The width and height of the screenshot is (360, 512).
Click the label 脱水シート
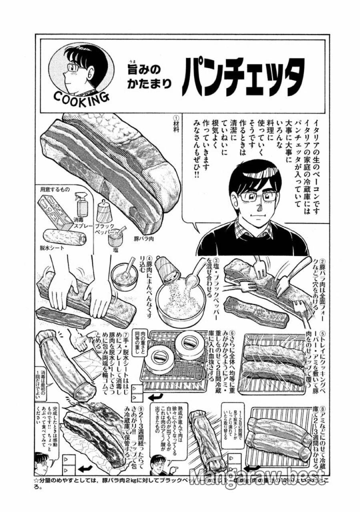(x=52, y=247)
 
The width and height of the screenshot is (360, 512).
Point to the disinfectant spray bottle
(x=81, y=206)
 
